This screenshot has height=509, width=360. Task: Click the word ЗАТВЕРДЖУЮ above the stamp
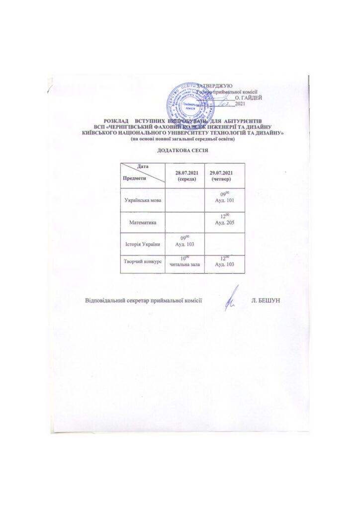213,86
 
